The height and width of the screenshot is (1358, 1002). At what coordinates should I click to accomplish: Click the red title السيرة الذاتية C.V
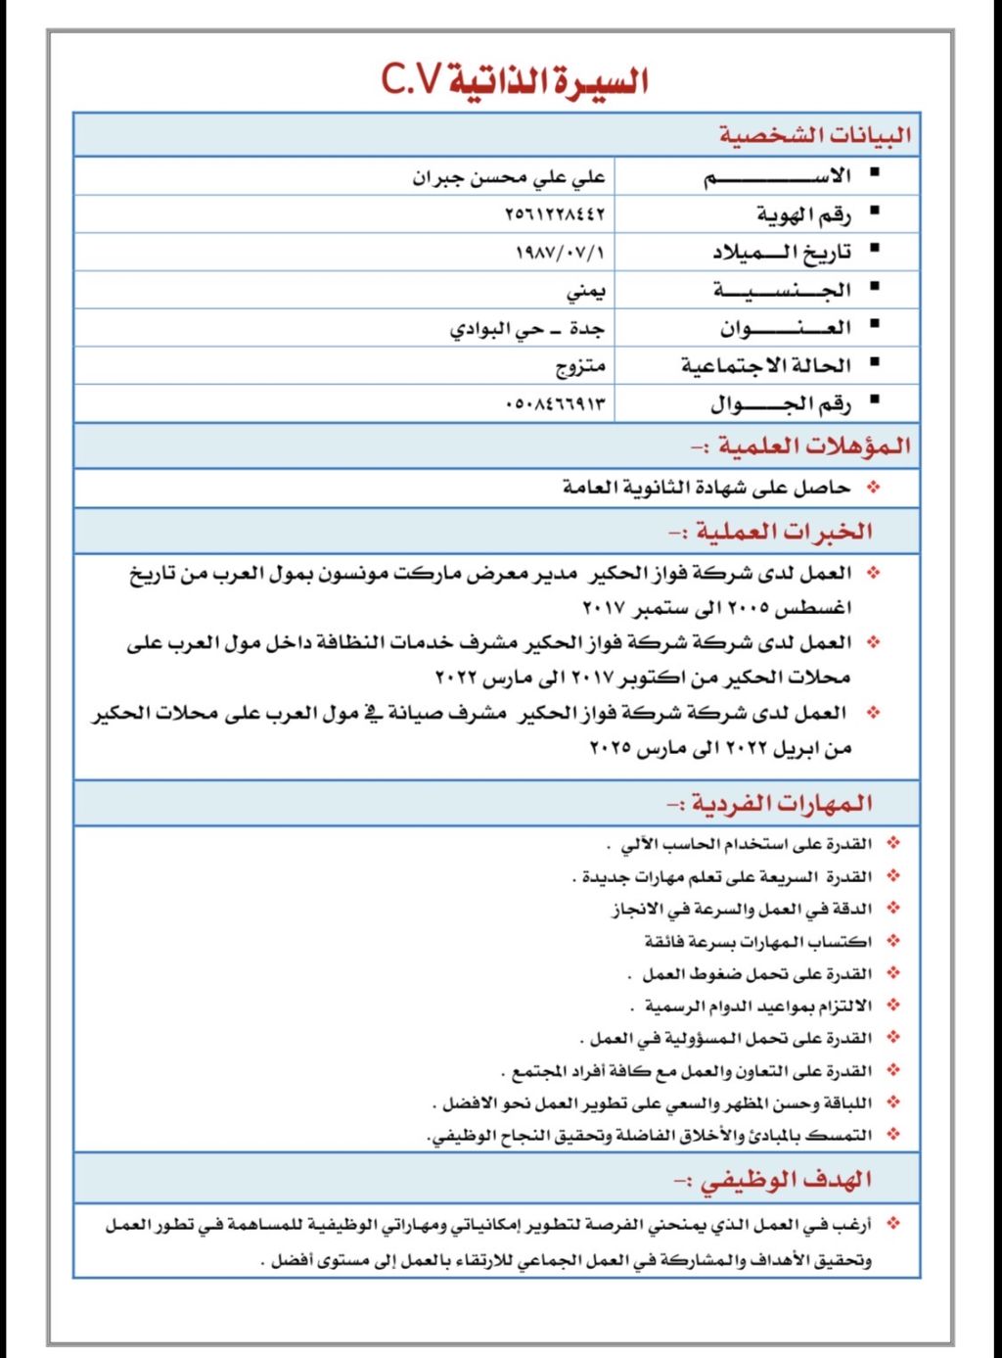(x=515, y=80)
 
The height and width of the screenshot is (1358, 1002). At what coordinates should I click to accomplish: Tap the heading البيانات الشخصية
(x=814, y=135)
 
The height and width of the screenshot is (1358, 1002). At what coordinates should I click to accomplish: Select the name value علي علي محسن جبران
(x=508, y=177)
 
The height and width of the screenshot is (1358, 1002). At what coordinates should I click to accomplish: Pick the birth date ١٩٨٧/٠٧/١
(x=560, y=253)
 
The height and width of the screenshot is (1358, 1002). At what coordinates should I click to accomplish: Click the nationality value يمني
(x=585, y=291)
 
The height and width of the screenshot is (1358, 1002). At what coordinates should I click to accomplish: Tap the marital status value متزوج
(x=580, y=366)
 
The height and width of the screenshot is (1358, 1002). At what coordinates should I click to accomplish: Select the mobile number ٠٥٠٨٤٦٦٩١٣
(x=555, y=403)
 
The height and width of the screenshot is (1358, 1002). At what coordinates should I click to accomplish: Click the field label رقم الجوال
(x=780, y=403)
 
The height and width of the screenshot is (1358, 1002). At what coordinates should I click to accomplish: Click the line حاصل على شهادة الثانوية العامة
(x=706, y=488)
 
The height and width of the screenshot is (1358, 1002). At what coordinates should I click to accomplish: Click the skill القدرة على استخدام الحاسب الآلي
(x=739, y=844)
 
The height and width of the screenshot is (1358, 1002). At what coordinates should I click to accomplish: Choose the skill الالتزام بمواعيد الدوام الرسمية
(x=751, y=1007)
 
